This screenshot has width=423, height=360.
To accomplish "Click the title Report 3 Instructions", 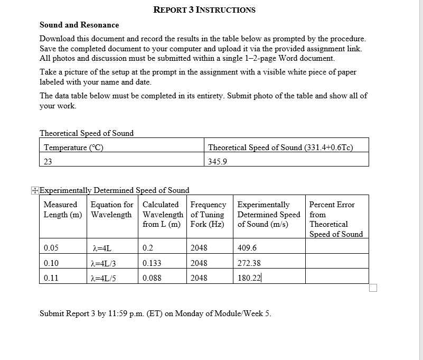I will [204, 10].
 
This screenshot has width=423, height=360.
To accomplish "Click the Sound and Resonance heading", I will [79, 25].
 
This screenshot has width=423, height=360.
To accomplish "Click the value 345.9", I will [217, 162].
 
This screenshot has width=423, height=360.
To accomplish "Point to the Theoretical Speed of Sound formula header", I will [280, 147].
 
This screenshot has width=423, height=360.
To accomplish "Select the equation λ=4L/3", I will [104, 263].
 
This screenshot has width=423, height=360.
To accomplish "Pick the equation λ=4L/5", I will [104, 278].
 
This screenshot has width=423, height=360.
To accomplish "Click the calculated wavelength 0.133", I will [152, 263].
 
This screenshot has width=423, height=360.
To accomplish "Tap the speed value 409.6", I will [247, 248].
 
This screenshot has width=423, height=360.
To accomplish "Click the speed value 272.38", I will [249, 263].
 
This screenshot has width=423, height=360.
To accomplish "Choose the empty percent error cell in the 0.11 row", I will [336, 278].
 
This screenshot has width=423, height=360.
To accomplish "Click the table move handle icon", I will [35, 190].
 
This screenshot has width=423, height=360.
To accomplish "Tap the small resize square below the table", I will [373, 288].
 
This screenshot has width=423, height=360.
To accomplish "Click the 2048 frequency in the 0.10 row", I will [199, 263].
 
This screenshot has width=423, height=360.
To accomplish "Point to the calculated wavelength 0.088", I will [152, 278].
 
